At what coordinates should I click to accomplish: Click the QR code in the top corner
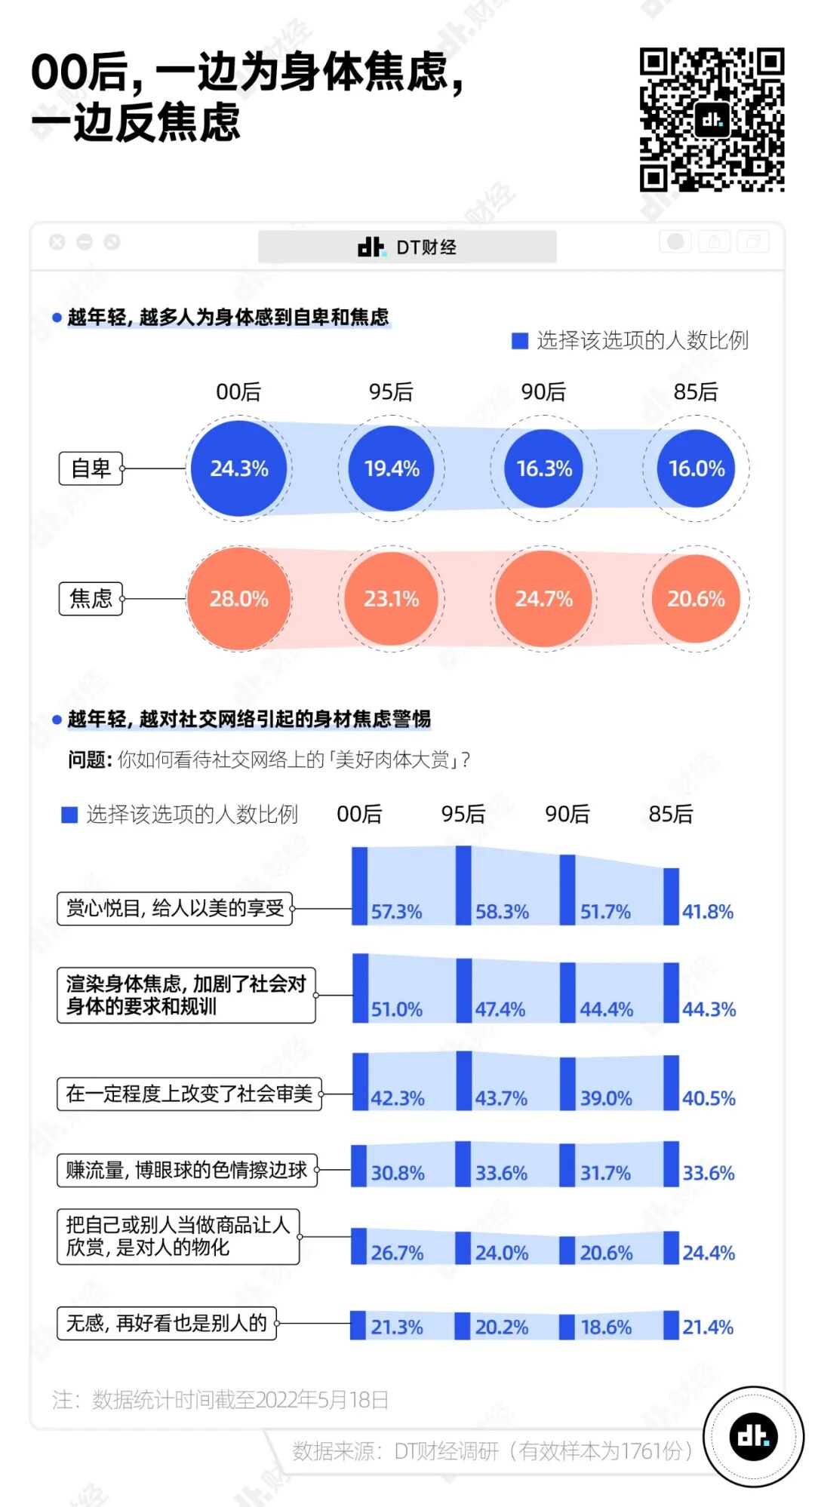(712, 119)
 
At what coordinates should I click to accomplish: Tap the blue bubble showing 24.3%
(239, 468)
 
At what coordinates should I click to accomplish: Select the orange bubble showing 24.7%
(544, 599)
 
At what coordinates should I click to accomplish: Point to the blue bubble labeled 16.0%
(697, 468)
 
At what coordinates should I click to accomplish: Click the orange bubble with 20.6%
(696, 599)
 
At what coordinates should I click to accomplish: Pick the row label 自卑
(91, 468)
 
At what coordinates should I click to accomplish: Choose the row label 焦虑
(91, 599)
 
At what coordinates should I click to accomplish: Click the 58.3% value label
(502, 912)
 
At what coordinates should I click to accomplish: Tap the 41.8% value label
(708, 912)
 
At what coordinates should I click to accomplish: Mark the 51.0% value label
(397, 1009)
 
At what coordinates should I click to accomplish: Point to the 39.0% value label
(606, 1098)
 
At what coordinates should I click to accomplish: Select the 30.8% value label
(398, 1173)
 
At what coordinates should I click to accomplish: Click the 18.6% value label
(606, 1327)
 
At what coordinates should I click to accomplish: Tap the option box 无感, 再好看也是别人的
(167, 1323)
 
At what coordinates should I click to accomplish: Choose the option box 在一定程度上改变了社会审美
(189, 1094)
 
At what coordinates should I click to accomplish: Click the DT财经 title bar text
(426, 247)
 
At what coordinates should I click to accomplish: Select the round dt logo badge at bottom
(753, 1436)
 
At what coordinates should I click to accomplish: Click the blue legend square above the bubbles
(519, 341)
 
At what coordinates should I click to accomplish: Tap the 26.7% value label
(397, 1253)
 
